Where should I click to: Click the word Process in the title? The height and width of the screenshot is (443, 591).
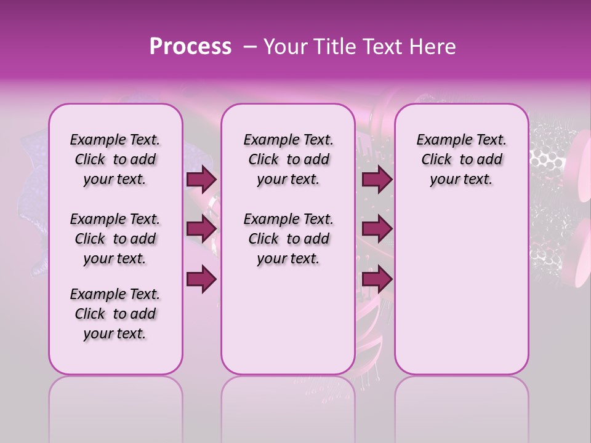[x=190, y=47]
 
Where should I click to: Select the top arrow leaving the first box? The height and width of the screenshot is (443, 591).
[x=201, y=180]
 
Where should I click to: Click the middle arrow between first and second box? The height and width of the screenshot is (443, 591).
[x=201, y=229]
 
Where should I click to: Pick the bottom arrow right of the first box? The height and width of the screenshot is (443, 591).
[x=201, y=279]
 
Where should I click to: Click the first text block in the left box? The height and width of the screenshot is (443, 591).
[x=115, y=159]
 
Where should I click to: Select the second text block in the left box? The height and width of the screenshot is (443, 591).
[x=115, y=239]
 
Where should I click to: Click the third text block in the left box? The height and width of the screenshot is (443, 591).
[x=115, y=314]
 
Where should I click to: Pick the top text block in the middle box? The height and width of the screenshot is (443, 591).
[x=288, y=159]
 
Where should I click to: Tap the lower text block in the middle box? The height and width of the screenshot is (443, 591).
[x=288, y=239]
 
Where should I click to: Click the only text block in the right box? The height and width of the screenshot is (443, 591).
[x=461, y=159]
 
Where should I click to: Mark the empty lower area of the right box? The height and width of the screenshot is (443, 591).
[x=461, y=283]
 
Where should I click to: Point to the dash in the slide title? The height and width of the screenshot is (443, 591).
[x=249, y=47]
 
